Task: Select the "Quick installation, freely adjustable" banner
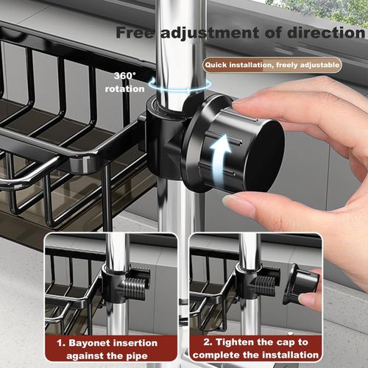click(273, 66)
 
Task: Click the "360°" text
click(123, 76)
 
